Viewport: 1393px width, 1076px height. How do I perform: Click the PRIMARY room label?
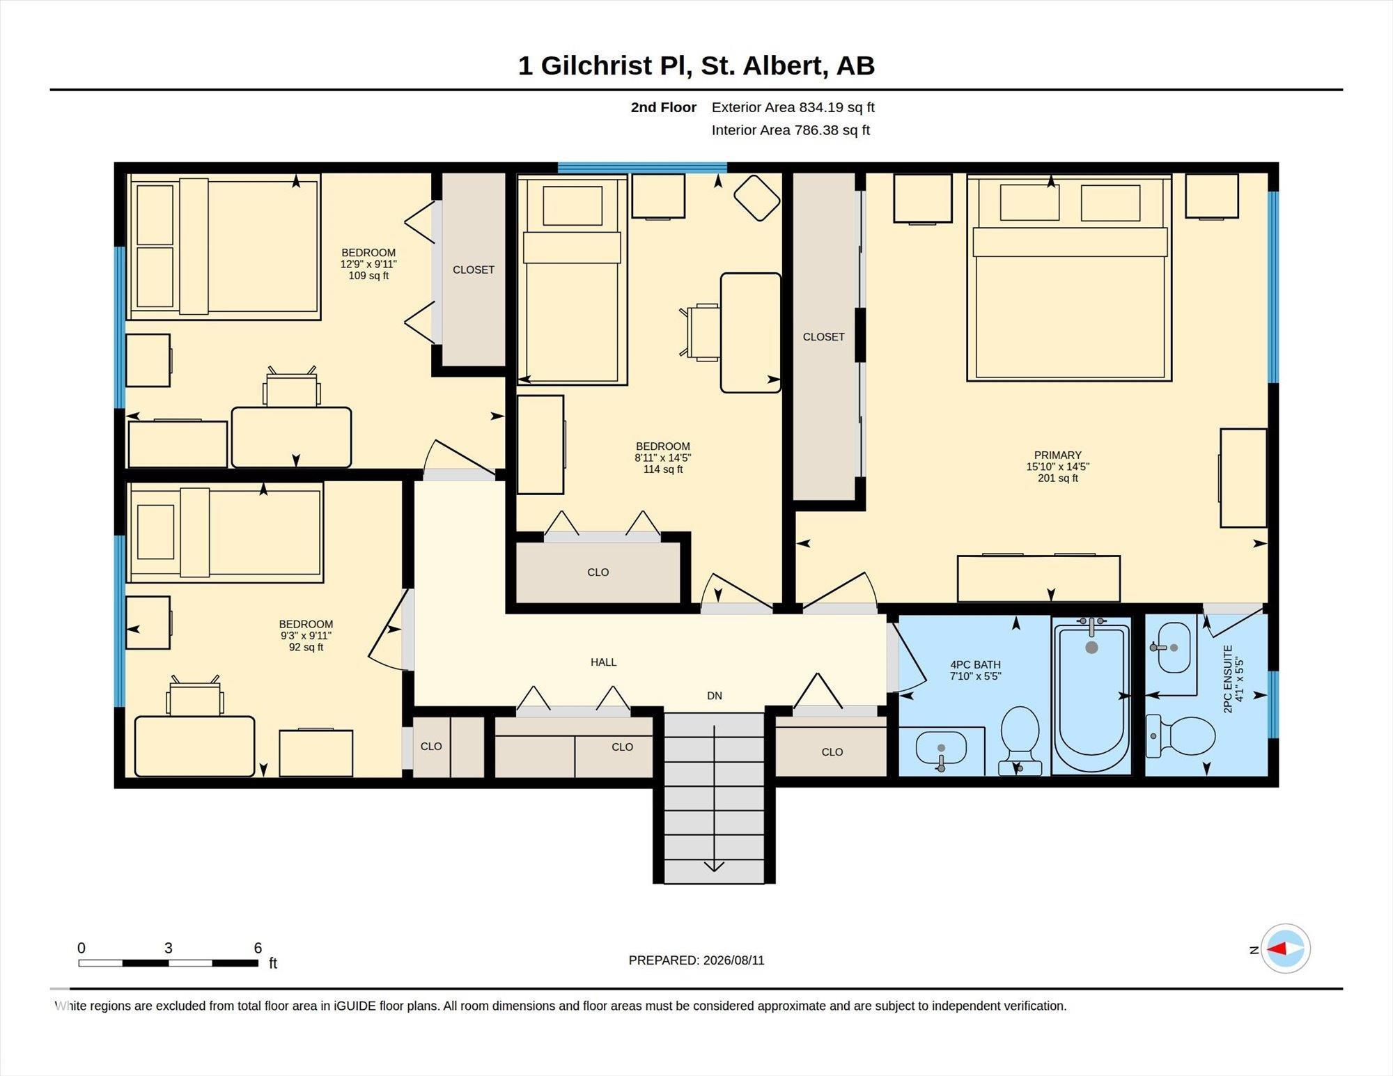(1057, 455)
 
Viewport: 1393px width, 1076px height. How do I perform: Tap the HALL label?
(603, 662)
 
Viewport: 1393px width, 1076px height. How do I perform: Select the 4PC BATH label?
(974, 664)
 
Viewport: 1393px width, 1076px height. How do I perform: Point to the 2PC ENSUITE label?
(1228, 679)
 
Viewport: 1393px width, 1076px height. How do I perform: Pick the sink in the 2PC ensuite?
(1174, 648)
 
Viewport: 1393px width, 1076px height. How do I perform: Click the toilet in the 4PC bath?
(1020, 740)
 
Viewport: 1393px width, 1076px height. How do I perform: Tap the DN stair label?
(714, 696)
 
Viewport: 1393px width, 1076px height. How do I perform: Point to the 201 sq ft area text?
(1057, 478)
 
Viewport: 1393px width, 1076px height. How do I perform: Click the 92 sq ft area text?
(306, 647)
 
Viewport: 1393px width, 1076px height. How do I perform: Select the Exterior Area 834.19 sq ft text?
(793, 107)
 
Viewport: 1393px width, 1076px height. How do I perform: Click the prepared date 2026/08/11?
(733, 960)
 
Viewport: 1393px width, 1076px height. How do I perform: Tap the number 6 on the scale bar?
(258, 948)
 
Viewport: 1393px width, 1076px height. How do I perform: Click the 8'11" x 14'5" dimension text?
(662, 458)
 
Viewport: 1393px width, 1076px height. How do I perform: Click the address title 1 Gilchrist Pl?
(605, 65)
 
